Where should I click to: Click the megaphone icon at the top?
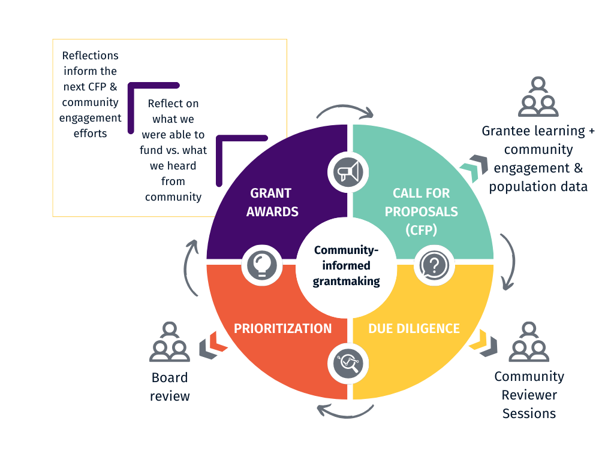348,172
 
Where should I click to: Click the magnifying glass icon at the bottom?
348,364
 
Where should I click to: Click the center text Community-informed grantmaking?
347,265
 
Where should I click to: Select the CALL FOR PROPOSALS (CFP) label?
421,211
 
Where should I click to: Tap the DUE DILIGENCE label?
414,328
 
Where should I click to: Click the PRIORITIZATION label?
282,328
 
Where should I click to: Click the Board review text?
170,387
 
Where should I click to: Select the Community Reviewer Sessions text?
529,395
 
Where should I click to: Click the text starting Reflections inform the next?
90,94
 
